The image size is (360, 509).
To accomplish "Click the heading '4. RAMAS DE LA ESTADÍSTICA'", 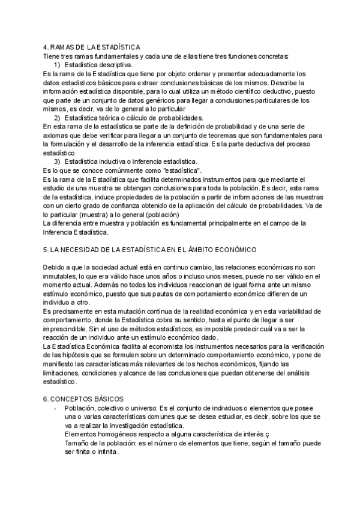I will click(92, 47).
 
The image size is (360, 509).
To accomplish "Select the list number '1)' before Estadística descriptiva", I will click(58, 64).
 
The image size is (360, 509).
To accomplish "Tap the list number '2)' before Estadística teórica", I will click(58, 118).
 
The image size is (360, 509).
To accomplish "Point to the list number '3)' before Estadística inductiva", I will click(58, 162).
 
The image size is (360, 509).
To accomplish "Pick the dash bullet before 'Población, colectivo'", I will click(55, 408).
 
